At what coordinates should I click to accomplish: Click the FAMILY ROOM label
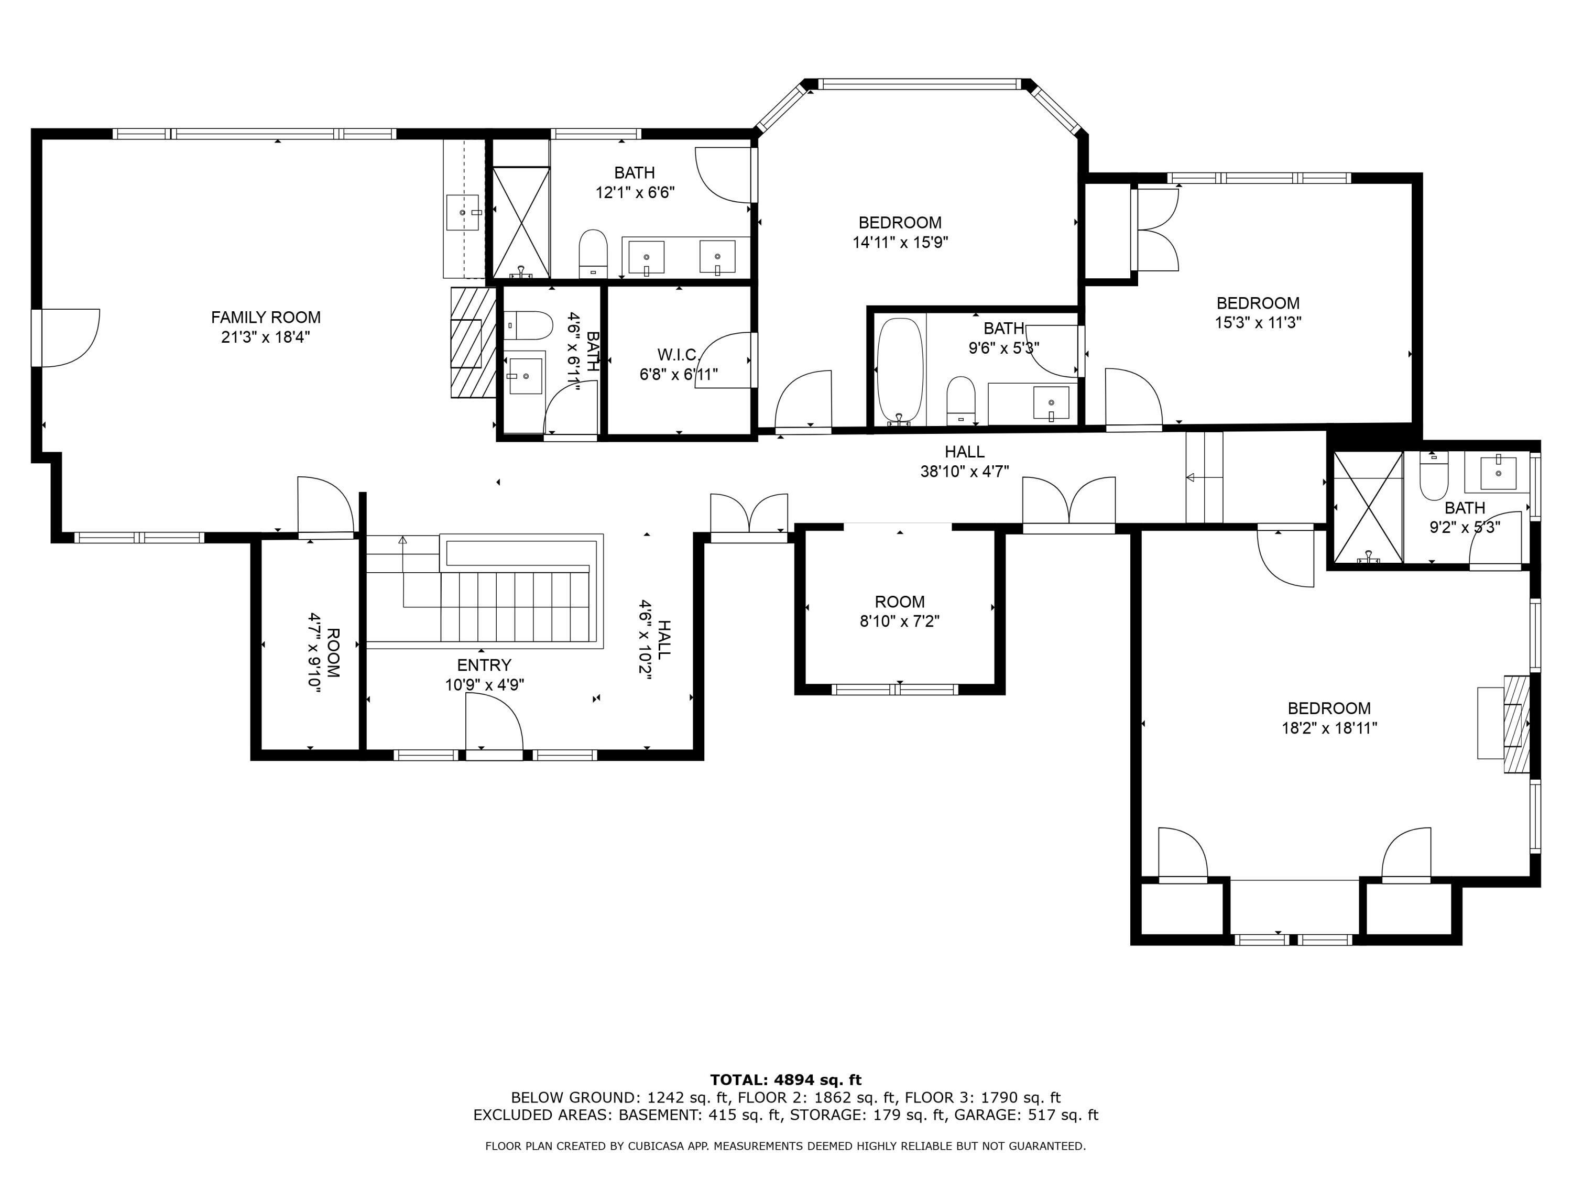265,317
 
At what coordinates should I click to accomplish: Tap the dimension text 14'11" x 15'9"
900,242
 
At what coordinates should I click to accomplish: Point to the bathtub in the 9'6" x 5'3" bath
899,369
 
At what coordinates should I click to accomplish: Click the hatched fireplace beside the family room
472,343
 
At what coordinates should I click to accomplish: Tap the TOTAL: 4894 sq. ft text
785,1080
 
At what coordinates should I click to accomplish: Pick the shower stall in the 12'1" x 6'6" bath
521,222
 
